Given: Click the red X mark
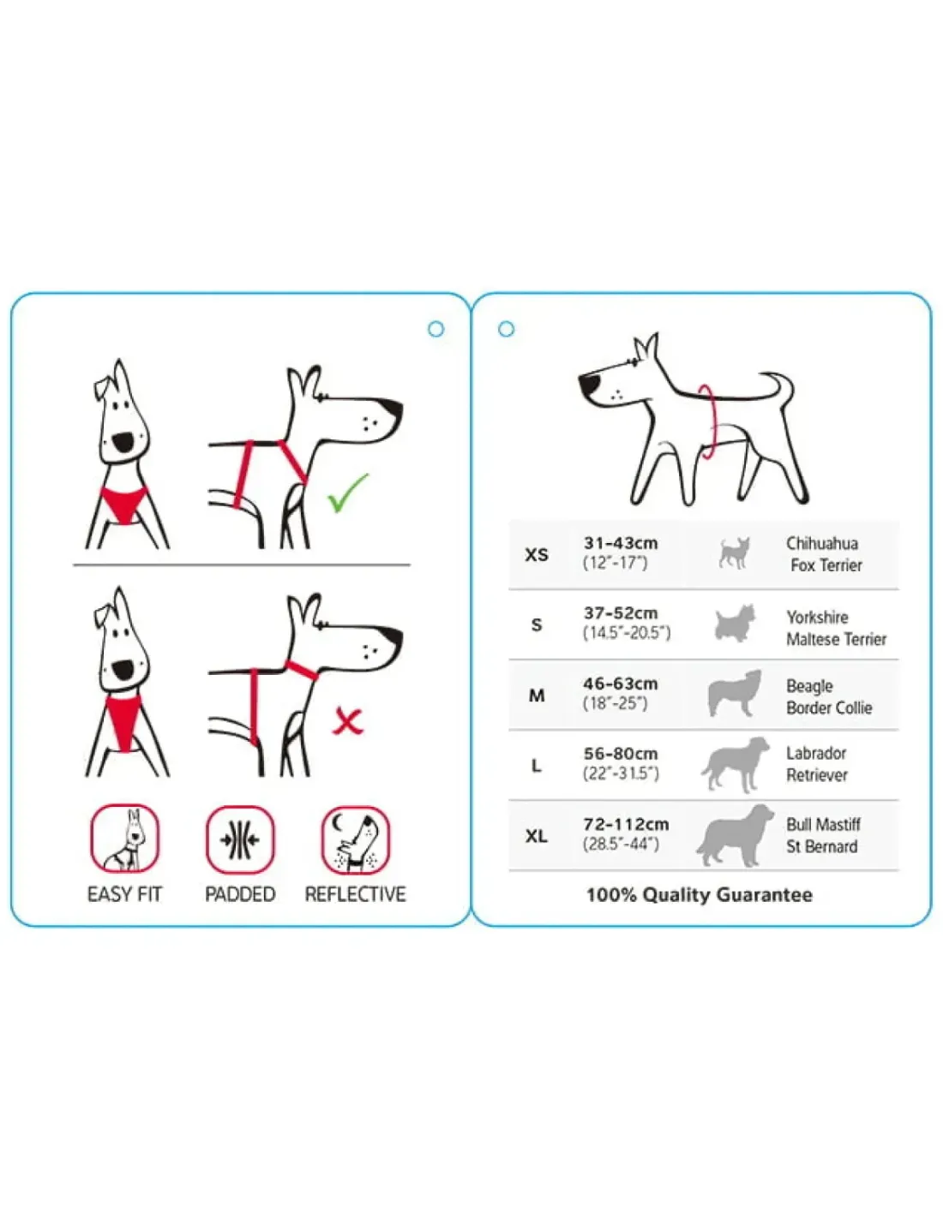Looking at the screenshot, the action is click(348, 721).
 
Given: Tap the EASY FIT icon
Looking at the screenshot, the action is click(125, 839).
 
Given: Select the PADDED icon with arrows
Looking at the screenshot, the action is click(240, 839).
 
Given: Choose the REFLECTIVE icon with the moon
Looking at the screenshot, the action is click(356, 839).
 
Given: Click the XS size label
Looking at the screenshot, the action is click(537, 555).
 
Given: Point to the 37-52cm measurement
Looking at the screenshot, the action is click(620, 613).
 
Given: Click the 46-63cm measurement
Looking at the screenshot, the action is click(620, 684).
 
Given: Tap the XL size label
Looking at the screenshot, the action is click(537, 836).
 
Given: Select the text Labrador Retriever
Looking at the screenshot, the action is click(816, 764).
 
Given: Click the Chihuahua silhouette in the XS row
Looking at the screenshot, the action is click(734, 553).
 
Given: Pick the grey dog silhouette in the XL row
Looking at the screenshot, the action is click(735, 836).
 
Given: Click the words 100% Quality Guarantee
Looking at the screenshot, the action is click(699, 894).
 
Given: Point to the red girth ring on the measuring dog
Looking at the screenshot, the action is click(713, 421).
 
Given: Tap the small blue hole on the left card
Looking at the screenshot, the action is click(435, 329).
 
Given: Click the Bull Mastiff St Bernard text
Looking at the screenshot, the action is click(823, 835).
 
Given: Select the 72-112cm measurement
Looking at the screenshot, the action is click(626, 825).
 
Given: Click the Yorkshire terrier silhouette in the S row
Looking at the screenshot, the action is click(735, 623).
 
